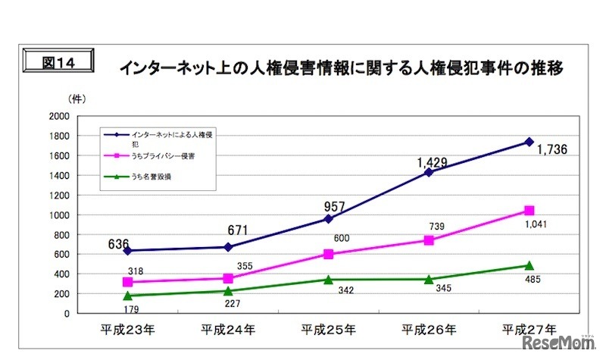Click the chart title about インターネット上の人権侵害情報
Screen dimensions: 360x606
[341, 69]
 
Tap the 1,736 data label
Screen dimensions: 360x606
[551, 150]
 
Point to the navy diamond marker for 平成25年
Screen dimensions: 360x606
[328, 218]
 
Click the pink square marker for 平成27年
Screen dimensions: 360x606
[529, 211]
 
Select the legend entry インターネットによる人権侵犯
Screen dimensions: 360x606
[170, 135]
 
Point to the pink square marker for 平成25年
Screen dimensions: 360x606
[328, 254]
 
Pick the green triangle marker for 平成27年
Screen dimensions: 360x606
[529, 265]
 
